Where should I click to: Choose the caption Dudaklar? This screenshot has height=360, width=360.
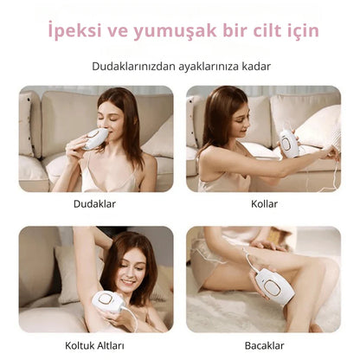click(96, 205)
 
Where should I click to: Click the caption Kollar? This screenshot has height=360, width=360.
click(263, 205)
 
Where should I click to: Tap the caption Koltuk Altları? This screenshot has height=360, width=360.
click(96, 345)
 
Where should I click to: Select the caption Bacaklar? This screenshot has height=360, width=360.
click(263, 345)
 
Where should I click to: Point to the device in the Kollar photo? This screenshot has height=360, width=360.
click(289, 144)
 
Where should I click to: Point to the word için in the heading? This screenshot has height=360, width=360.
click(300, 32)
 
